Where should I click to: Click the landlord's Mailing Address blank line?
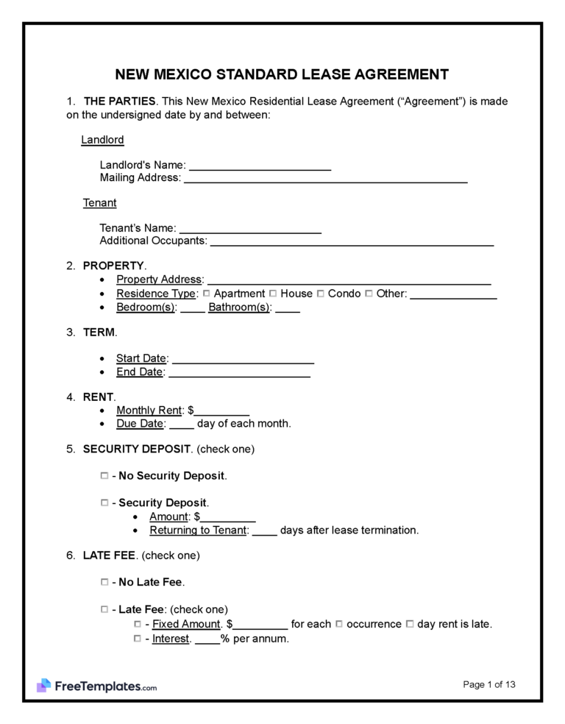click(325, 177)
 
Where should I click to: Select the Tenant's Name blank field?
click(250, 228)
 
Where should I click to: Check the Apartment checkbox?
click(207, 294)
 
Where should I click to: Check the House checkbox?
click(274, 294)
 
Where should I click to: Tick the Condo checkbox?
click(321, 294)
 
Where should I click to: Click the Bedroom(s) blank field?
click(192, 308)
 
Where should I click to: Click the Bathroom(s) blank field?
click(288, 308)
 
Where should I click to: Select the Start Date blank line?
click(243, 358)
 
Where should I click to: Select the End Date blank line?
click(239, 372)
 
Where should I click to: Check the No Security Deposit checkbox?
click(104, 476)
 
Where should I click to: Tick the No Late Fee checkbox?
click(104, 582)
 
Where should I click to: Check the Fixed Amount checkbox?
click(138, 624)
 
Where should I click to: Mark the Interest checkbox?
click(138, 639)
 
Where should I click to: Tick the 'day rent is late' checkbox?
click(410, 624)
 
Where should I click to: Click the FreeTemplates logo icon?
click(43, 686)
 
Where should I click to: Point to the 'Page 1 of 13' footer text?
click(489, 684)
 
